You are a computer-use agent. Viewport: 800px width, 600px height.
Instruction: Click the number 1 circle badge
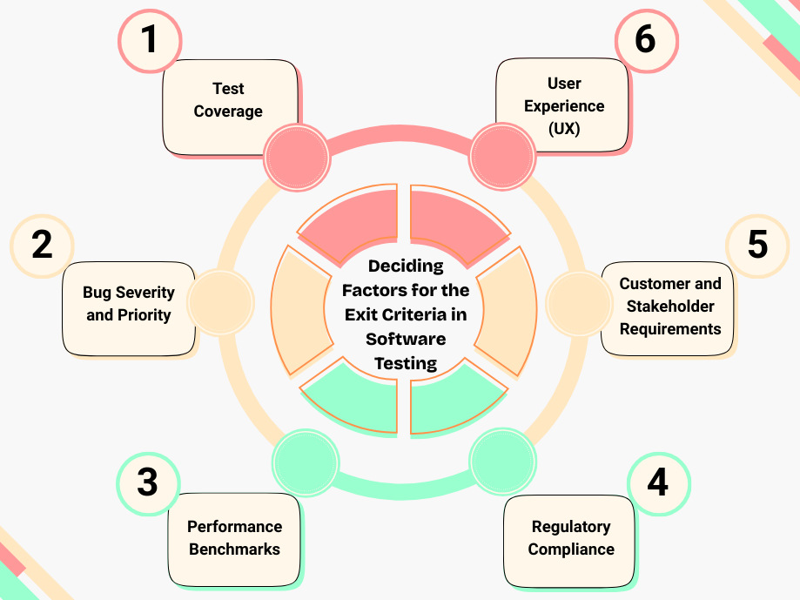tap(150, 40)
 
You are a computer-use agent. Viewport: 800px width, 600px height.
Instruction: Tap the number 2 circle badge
tap(42, 245)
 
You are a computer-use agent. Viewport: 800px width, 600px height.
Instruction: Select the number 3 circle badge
tap(148, 482)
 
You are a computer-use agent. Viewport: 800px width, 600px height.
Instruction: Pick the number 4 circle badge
tap(658, 482)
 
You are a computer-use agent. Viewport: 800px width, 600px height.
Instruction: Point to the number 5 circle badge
tap(757, 245)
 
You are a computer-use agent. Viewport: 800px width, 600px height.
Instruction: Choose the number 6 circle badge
tap(646, 40)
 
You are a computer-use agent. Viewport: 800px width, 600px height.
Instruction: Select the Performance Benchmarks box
tap(234, 538)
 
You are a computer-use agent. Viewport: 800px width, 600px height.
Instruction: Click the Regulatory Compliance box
tap(570, 538)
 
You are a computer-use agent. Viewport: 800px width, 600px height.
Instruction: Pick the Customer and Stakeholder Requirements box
tap(669, 307)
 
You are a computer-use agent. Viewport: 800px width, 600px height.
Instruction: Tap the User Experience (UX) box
tap(563, 105)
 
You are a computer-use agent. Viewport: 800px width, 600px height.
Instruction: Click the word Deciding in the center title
tap(406, 266)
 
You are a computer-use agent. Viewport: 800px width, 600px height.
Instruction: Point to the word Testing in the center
tap(406, 363)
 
